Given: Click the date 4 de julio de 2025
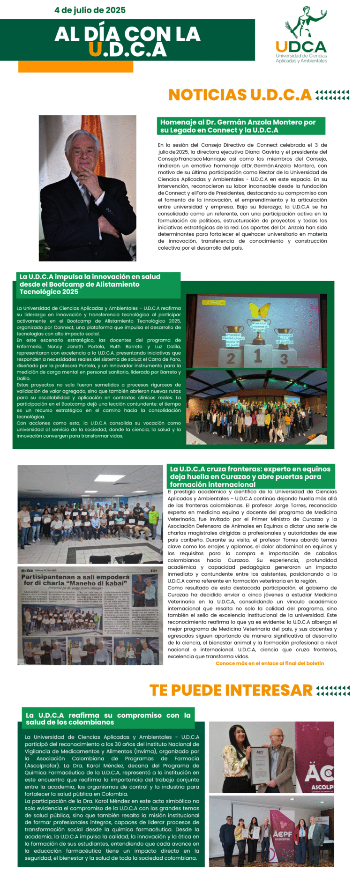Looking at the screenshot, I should [x=90, y=10].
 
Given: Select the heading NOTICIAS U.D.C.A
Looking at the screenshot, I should [x=240, y=95].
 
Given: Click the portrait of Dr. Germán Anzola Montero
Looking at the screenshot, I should [x=87, y=188].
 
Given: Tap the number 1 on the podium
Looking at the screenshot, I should [x=257, y=355].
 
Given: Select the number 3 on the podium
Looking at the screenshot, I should [x=284, y=359].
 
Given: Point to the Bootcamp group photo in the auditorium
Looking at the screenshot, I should [x=256, y=408].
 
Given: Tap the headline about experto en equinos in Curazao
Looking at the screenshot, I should [x=250, y=476].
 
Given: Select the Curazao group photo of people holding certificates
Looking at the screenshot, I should [x=90, y=514].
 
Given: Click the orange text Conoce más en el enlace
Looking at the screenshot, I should [x=270, y=663].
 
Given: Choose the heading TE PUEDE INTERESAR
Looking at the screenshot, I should [x=231, y=690].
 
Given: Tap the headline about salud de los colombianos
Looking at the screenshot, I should [x=108, y=718].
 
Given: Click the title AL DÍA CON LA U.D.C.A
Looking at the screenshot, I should [x=127, y=41].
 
